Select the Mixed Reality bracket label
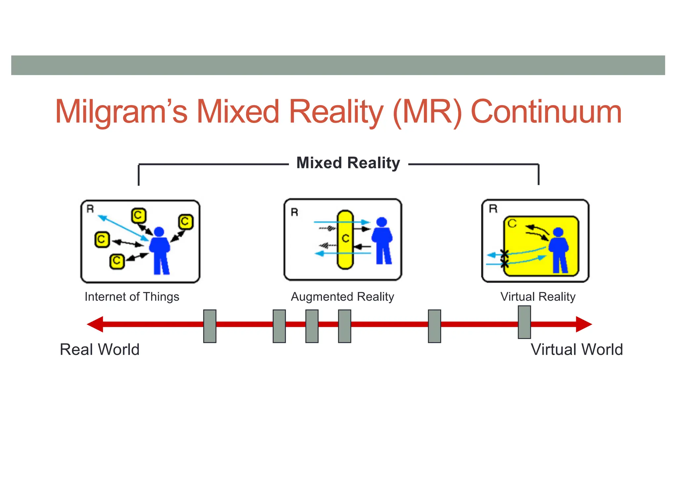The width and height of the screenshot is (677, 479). coord(348,163)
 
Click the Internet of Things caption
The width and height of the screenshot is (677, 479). coord(132,297)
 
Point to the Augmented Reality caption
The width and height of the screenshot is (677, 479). coord(342,297)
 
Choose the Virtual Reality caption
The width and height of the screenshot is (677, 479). coord(538,297)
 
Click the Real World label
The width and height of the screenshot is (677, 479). coord(100,350)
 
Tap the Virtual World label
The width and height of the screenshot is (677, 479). coord(577,350)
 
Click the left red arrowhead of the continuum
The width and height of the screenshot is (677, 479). coord(95,324)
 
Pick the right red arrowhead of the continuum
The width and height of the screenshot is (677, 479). coord(584,324)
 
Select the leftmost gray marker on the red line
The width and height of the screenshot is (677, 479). coord(210,326)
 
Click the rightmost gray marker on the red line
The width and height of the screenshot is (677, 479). coord(524,322)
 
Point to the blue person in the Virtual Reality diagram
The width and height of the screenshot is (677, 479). coord(559,250)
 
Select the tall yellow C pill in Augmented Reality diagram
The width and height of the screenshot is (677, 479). coord(345,240)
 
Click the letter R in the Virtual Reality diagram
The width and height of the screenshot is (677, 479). coord(493,209)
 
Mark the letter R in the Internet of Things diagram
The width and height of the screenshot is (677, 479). coord(90,209)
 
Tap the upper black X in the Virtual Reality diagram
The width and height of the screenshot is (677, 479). coord(504,254)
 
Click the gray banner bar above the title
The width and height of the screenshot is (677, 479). coord(338,65)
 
